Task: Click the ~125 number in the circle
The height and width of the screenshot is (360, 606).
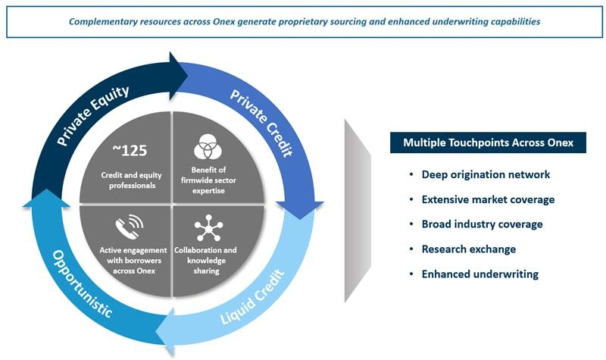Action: [x=130, y=150]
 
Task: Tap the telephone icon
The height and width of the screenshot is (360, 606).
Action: [x=130, y=227]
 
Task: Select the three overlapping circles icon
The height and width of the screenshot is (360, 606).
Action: [x=208, y=146]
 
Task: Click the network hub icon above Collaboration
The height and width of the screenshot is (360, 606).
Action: [x=209, y=228]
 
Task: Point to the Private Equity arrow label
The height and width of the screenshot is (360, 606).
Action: [x=92, y=115]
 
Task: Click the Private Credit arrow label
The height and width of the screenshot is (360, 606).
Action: [x=261, y=123]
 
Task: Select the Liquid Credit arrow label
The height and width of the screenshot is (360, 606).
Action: [x=252, y=297]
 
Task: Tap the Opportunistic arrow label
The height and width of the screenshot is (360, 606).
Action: [x=82, y=283]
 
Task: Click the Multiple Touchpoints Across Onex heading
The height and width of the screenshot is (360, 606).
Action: [x=488, y=142]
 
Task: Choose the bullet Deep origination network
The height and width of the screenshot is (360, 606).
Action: [x=486, y=174]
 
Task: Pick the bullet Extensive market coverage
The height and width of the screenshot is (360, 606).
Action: [x=488, y=199]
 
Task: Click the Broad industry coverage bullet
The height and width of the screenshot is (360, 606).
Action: [x=482, y=224]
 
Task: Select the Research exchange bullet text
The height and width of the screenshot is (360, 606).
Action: [x=469, y=249]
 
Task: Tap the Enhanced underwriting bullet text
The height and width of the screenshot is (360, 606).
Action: [x=480, y=274]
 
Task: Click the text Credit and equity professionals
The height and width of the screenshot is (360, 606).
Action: [x=131, y=180]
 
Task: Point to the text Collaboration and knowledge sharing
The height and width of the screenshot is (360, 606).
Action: [x=205, y=260]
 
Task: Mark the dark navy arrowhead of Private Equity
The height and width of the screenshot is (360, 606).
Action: [x=177, y=76]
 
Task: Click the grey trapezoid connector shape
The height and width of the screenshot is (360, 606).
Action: [x=358, y=211]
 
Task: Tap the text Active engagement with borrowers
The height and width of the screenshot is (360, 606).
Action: [x=133, y=255]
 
